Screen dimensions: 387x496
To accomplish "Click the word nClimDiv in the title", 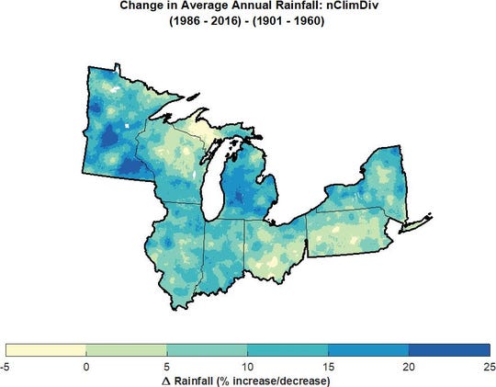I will point(347,6).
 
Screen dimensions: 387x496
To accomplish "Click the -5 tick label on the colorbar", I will point(6,366).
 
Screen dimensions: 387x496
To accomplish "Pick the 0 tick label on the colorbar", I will point(86,366).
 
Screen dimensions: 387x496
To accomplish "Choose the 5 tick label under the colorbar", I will point(167,366).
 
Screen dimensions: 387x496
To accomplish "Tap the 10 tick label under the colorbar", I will point(248,366).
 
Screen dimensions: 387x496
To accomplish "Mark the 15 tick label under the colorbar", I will point(328,366).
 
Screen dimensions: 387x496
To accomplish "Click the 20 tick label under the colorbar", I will point(409,366).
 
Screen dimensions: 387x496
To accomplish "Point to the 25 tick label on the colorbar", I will point(488,366).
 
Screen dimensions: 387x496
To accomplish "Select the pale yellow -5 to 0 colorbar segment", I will point(46,350).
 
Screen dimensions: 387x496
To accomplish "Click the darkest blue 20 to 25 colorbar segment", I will point(449,350).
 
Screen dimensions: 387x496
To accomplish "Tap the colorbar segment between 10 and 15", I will point(287,350).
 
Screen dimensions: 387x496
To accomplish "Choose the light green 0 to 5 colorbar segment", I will point(127,350).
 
